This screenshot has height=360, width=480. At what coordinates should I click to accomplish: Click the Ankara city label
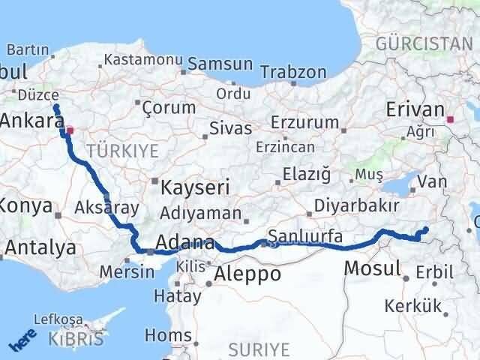31,121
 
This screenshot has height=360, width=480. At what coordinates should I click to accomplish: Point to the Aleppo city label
247,274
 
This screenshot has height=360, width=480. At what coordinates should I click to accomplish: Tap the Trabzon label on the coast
293,73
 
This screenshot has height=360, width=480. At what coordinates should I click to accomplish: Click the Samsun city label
211,64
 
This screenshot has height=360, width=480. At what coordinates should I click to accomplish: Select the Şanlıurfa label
304,236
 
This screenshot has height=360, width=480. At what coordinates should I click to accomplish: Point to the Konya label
27,205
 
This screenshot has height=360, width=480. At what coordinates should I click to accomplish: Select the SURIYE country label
258,349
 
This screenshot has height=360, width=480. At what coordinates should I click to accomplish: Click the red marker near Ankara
70,130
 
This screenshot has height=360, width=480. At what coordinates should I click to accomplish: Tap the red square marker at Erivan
450,118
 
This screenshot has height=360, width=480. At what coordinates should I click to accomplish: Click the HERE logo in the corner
22,341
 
